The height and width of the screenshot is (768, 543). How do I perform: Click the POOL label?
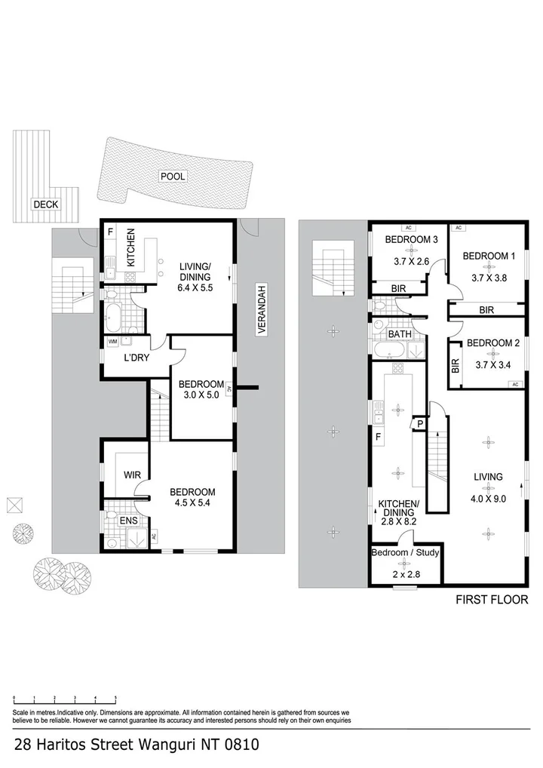click(173, 177)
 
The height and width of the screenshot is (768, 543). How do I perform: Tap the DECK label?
click(45, 204)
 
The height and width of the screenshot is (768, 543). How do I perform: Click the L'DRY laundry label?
click(137, 358)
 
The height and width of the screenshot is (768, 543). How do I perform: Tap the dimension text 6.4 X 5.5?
click(195, 287)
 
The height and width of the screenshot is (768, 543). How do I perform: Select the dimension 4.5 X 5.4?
click(192, 502)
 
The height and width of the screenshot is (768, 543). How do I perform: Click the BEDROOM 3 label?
click(412, 240)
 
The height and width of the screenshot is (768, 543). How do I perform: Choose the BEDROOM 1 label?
click(489, 256)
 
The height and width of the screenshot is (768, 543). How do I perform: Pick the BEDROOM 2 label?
click(493, 343)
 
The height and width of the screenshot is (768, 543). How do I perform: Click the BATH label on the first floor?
click(399, 333)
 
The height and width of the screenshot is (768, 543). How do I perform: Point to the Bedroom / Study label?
click(405, 552)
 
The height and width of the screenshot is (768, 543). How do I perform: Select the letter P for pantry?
click(419, 425)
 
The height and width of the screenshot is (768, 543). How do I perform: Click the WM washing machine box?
click(113, 343)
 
